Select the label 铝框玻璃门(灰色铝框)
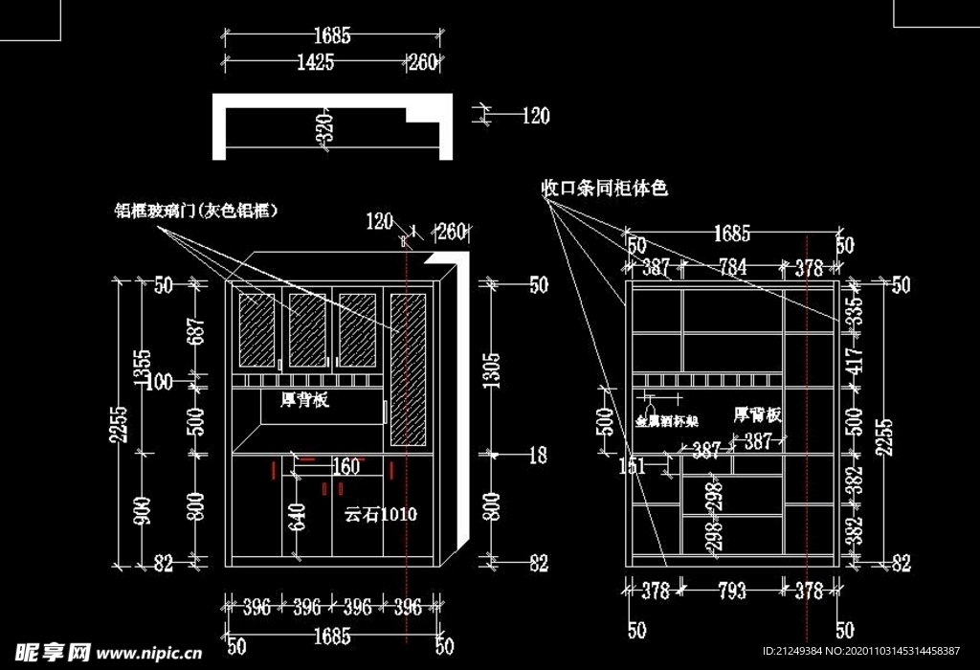(x=196, y=211)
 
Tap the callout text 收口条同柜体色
(x=604, y=189)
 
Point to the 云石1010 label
(x=380, y=515)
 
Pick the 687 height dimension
(x=197, y=332)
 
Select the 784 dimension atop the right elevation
(x=732, y=268)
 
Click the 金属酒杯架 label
(x=667, y=420)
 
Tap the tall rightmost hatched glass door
(x=407, y=368)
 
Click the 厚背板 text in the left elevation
(x=304, y=400)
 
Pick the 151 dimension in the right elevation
(x=633, y=466)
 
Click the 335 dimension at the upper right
(x=855, y=307)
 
